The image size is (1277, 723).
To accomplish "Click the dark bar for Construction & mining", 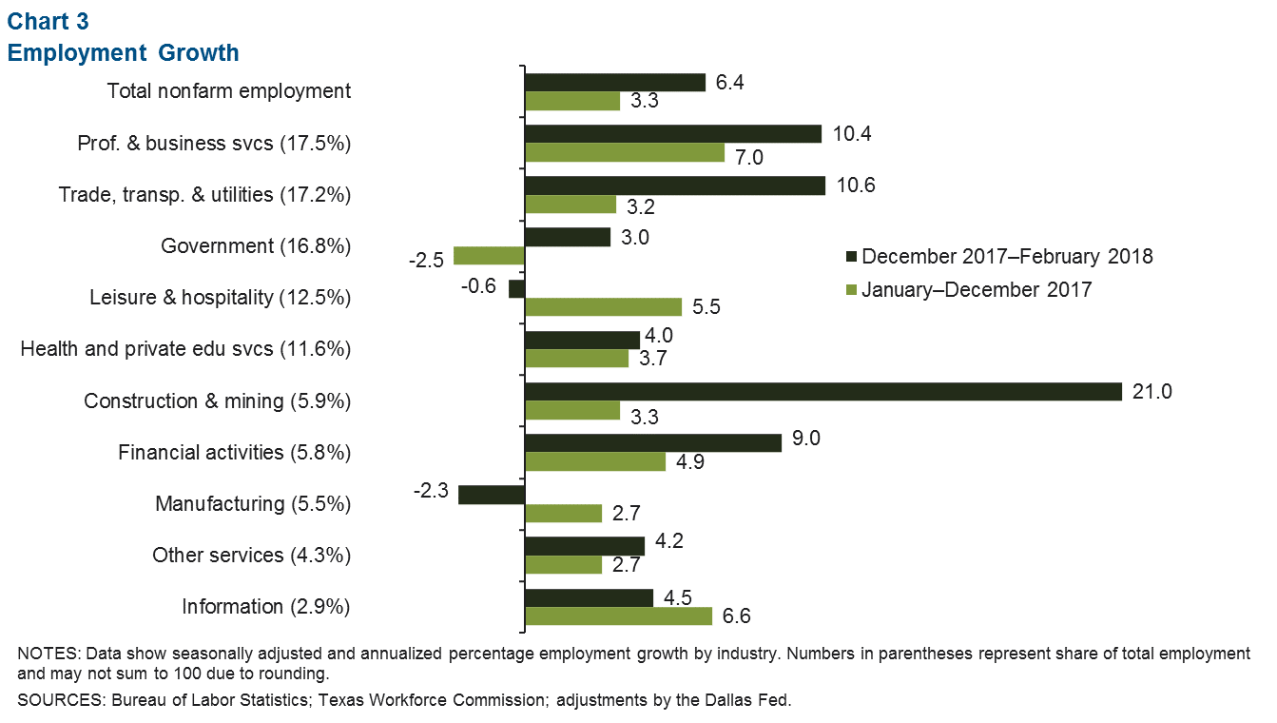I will (x=822, y=391).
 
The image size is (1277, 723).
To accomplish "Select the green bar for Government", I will (x=490, y=255).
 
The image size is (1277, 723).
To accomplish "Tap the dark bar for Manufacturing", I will (x=492, y=494).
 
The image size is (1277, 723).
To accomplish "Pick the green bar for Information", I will (x=619, y=616).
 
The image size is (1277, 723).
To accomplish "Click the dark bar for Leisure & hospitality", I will (x=517, y=288).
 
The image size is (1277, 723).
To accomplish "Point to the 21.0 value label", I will (x=1153, y=391).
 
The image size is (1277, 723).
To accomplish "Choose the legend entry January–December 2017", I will (x=977, y=290).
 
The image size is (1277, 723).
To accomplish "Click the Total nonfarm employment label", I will (x=229, y=91).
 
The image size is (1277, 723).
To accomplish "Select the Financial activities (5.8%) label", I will (x=235, y=452).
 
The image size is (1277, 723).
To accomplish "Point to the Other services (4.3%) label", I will (x=252, y=555).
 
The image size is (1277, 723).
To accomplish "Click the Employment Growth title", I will (x=124, y=52).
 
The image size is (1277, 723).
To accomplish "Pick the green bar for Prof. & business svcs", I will (x=625, y=152).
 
